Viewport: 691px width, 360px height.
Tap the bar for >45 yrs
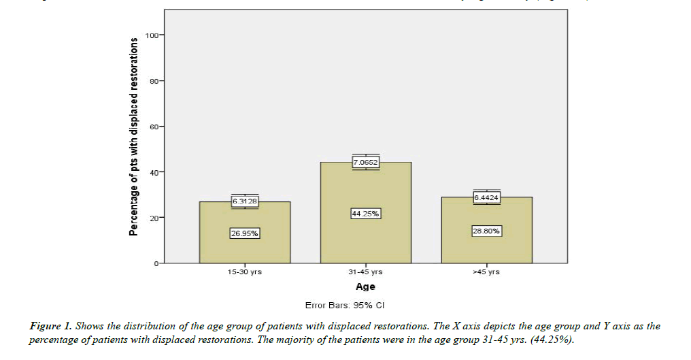coord(486,248)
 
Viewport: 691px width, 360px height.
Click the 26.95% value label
coord(244,233)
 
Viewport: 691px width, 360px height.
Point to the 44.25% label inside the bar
coord(366,214)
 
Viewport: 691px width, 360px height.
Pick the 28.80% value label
coord(486,231)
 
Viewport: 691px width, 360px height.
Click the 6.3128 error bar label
coord(244,201)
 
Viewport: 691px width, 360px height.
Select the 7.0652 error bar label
coord(366,162)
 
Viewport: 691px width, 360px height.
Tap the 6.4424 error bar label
coord(486,198)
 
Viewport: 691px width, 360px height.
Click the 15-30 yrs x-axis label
coord(244,272)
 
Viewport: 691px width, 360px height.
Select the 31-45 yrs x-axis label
coord(365,272)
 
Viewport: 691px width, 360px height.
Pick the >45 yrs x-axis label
coord(486,272)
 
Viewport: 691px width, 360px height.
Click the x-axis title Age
coord(365,287)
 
